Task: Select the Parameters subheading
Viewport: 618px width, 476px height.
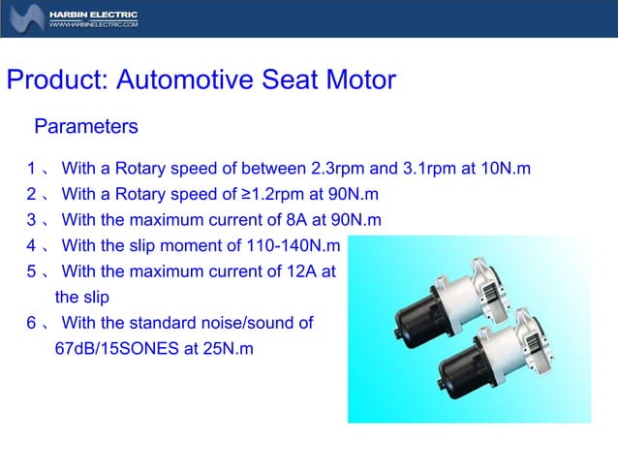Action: click(86, 127)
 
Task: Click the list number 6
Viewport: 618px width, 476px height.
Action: click(32, 324)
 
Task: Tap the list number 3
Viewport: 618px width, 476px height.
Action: click(32, 220)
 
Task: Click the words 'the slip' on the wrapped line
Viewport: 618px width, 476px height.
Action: click(80, 298)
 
